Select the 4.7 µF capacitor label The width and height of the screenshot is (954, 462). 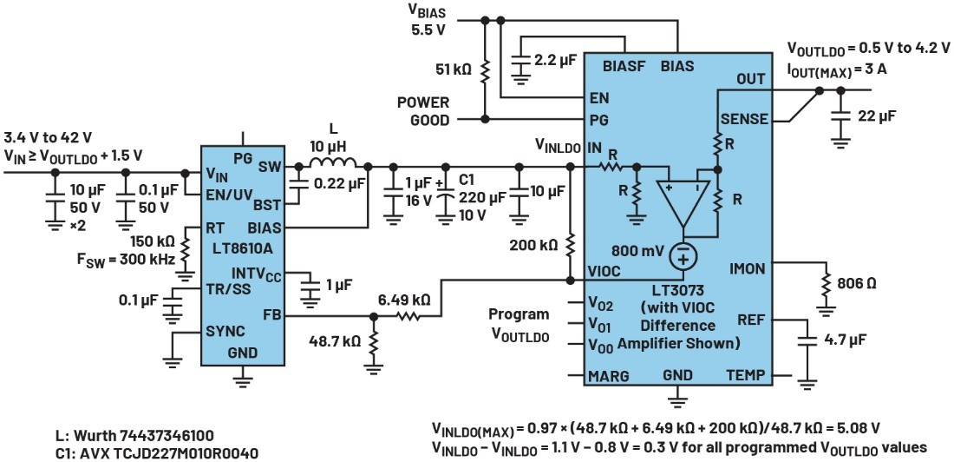coord(847,340)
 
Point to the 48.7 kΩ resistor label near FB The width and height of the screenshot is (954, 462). coord(334,341)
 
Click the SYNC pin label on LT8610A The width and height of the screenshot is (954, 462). coord(225,331)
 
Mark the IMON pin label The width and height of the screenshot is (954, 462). coord(747,269)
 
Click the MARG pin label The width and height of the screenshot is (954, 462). coord(609,377)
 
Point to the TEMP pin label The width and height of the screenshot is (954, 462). coord(746,377)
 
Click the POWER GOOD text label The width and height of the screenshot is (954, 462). coord(423,110)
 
